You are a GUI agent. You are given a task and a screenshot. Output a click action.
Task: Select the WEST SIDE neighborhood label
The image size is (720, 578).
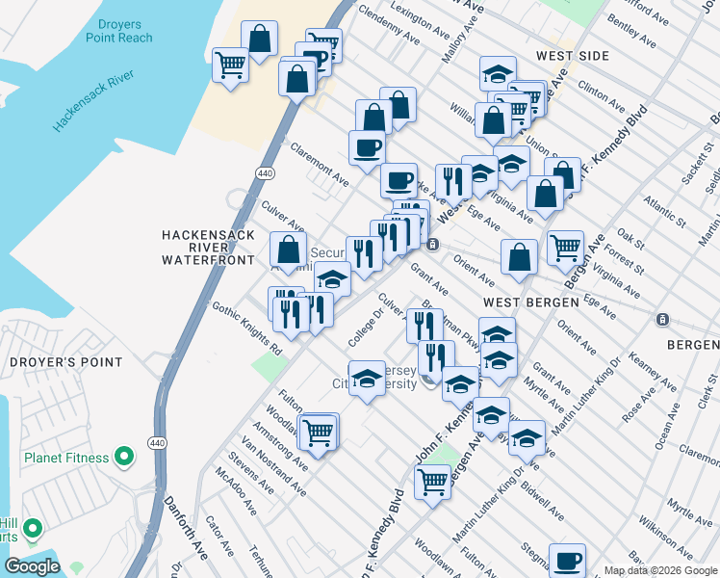click(573, 56)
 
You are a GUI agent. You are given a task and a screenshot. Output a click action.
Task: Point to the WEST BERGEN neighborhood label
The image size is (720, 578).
click(530, 302)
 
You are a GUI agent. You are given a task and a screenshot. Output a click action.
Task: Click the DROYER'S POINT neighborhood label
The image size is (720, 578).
click(65, 362)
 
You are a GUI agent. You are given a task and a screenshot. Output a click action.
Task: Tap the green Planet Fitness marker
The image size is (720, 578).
click(123, 457)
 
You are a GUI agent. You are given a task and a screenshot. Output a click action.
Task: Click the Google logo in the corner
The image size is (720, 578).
click(32, 566)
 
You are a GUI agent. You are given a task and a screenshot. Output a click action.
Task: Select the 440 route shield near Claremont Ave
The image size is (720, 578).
click(264, 172)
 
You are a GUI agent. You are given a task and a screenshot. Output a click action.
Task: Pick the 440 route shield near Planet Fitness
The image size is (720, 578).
click(156, 441)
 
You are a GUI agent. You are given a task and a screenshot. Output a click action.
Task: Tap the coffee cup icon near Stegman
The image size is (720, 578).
click(567, 559)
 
